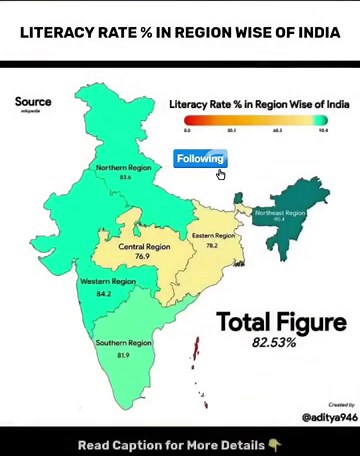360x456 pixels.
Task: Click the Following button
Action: point(200,158)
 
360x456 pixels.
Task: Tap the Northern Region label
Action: point(124,168)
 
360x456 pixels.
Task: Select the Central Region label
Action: point(145,247)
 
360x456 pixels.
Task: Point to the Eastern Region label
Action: point(213,236)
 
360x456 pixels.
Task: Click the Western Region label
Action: point(108,282)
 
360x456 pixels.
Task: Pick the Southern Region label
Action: point(124,343)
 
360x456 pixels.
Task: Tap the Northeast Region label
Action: point(280,213)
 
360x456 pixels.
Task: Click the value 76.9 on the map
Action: point(142,257)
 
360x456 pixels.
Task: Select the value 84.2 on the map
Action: point(104,294)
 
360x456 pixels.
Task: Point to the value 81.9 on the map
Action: point(124,355)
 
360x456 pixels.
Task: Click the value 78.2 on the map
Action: point(212,246)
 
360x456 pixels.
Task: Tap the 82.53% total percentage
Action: point(274,343)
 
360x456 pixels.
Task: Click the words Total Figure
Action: point(282,322)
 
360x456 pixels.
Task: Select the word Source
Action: point(33,101)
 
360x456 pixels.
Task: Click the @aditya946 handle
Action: point(329,416)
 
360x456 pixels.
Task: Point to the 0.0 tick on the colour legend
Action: point(187,130)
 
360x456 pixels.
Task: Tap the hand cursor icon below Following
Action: point(221,175)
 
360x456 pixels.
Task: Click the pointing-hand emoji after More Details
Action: point(275,444)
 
